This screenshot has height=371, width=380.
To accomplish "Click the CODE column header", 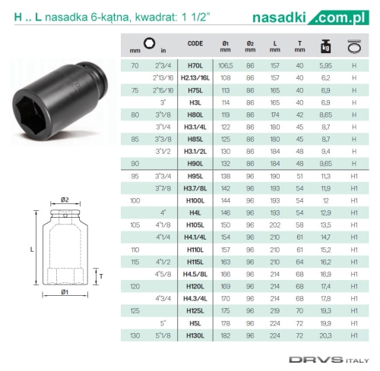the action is pos(195,43).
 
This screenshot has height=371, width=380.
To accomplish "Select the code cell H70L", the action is pos(195,66).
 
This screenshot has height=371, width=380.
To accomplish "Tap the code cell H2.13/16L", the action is pos(195,78).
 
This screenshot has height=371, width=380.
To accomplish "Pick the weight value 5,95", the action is pos(325,66).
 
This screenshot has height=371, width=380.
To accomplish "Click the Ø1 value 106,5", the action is pos(226,66).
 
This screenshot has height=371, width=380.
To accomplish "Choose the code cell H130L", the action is pos(195,335).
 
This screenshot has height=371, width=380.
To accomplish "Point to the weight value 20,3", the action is pos(325,335).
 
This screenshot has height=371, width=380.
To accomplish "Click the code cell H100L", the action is pos(195,201).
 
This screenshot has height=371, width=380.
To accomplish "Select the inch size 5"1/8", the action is pos(163,335).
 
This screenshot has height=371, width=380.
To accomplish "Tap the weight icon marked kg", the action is pos(325,46).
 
